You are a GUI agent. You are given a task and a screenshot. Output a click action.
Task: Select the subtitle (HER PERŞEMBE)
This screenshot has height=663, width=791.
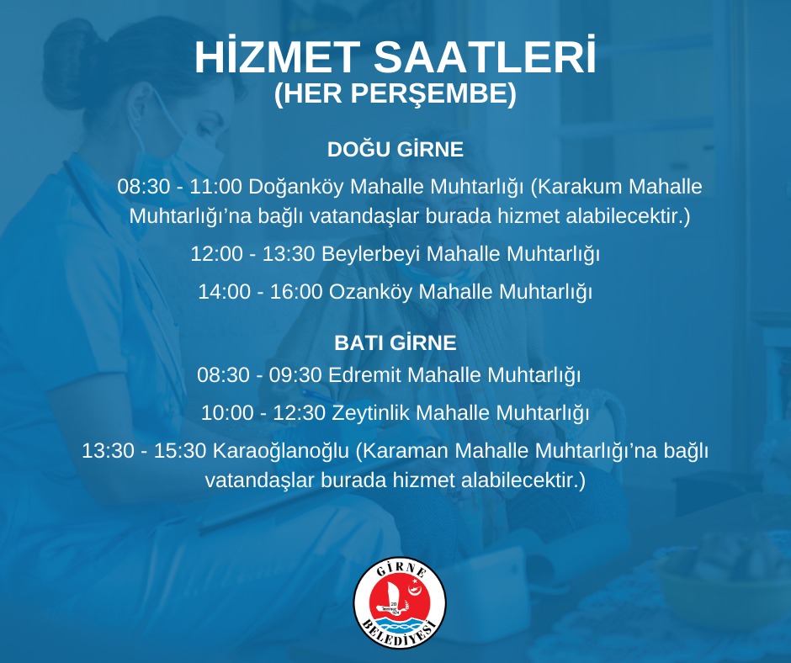(x=395, y=94)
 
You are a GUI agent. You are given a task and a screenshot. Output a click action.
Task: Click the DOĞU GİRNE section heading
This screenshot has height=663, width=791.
(x=395, y=149)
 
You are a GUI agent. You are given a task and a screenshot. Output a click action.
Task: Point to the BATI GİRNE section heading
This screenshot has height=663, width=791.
(x=395, y=343)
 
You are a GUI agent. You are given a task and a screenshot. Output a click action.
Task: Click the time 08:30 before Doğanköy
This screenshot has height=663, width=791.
(x=144, y=187)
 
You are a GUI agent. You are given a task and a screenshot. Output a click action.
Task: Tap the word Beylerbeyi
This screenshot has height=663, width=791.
(x=371, y=254)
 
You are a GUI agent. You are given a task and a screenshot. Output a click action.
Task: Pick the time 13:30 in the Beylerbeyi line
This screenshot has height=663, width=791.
(x=289, y=254)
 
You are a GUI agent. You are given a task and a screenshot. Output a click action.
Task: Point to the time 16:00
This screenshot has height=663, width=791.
(x=296, y=292)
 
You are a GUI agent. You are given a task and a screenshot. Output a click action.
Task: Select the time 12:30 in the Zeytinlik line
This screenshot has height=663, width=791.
(x=299, y=413)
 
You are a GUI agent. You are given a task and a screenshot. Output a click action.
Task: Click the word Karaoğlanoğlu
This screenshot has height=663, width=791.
(x=281, y=452)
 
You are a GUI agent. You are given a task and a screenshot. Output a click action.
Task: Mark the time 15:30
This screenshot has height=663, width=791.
(x=180, y=451)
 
